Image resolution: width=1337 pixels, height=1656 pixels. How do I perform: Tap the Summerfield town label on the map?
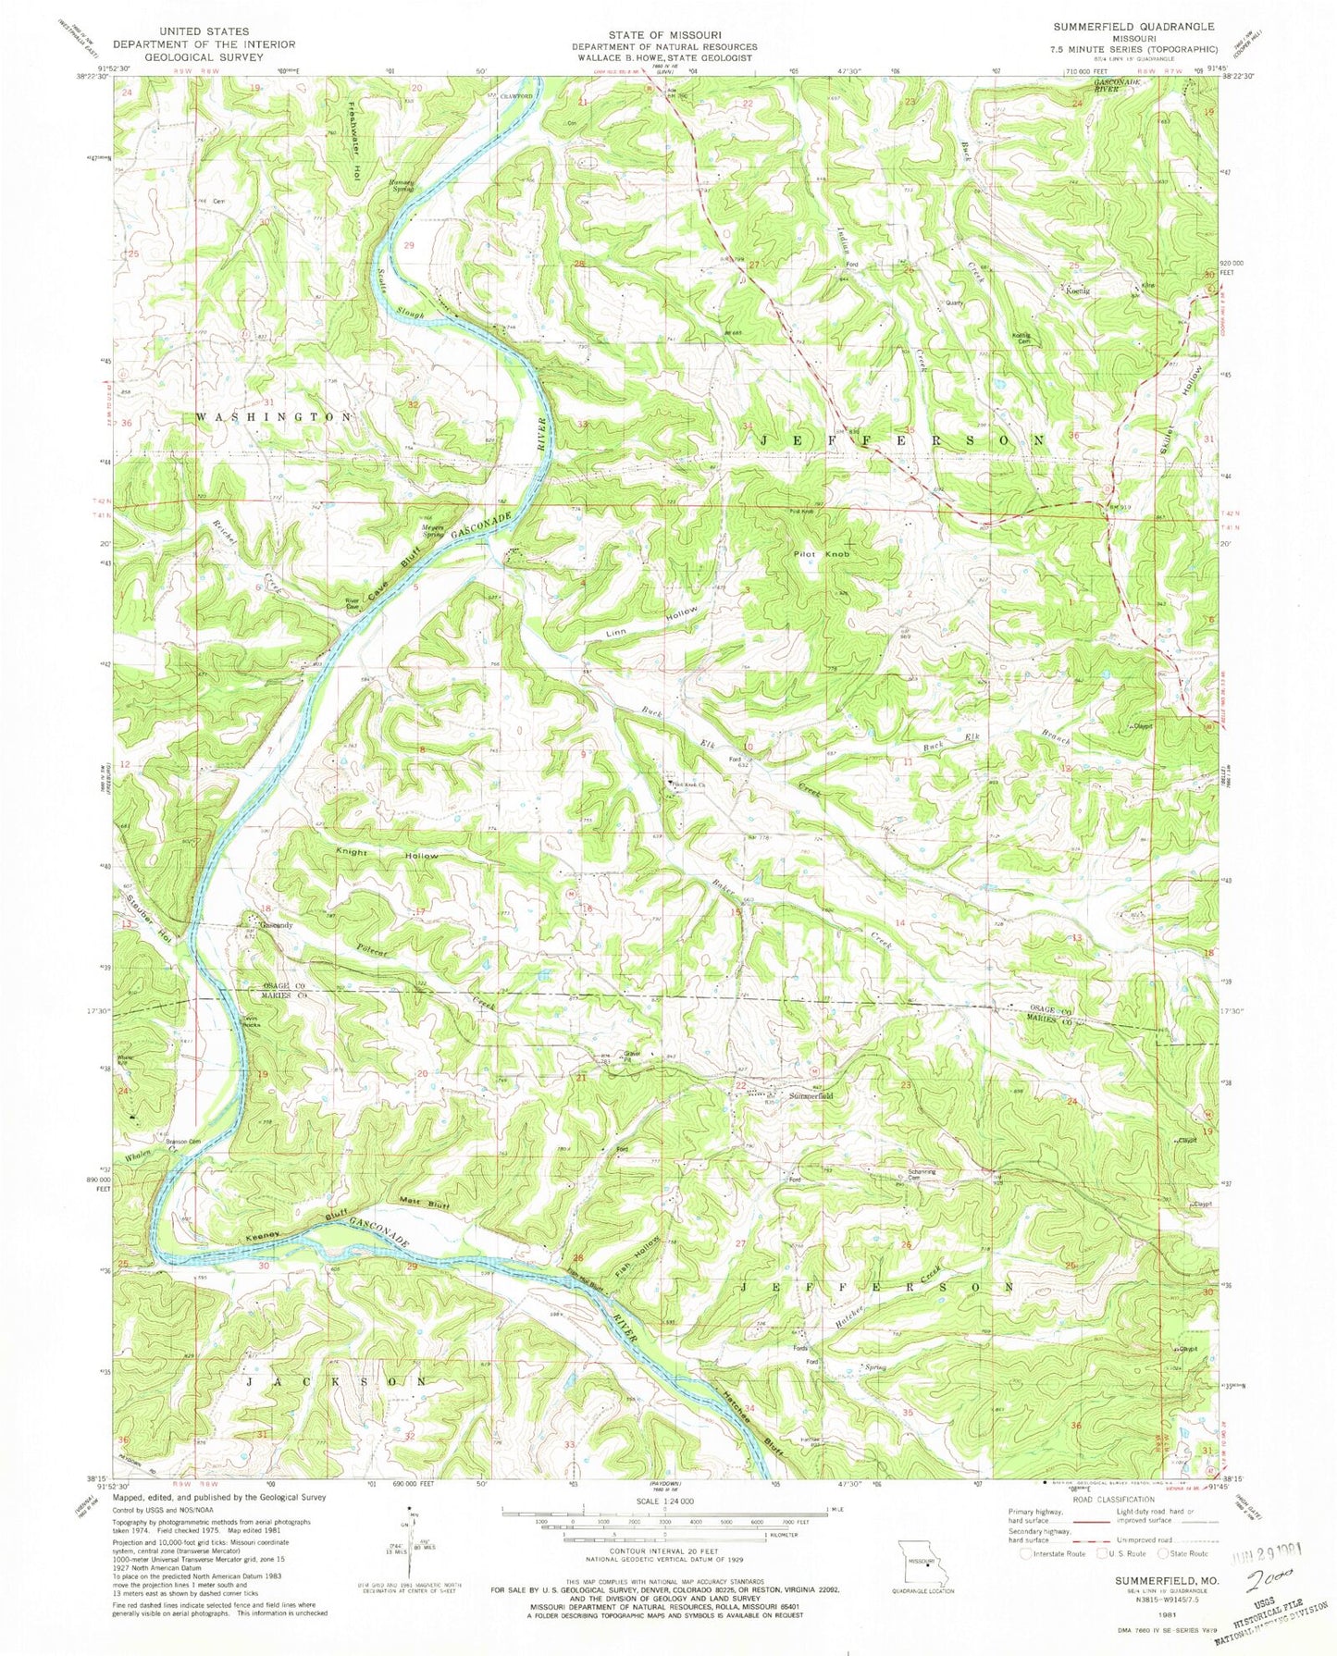click(811, 1095)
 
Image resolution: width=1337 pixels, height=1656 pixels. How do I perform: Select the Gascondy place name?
click(276, 925)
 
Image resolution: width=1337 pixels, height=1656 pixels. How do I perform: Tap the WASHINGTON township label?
click(273, 417)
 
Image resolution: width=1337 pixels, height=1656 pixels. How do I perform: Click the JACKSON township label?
click(337, 1380)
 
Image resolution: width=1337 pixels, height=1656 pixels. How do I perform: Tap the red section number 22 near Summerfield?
click(740, 1084)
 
